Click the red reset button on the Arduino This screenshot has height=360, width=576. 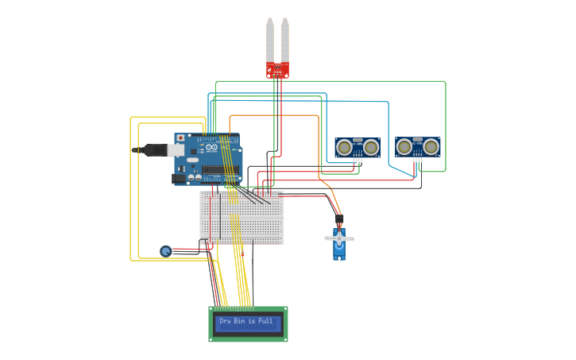click(180, 138)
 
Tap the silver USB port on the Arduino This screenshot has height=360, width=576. click(176, 149)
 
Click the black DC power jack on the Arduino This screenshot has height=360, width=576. click(179, 179)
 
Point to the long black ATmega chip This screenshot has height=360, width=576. click(214, 168)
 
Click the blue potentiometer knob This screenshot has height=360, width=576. click(165, 251)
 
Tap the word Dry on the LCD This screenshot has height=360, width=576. click(225, 321)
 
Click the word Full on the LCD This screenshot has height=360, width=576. click(265, 321)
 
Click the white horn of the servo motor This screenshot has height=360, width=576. click(339, 238)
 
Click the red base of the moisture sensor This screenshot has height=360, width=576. click(277, 70)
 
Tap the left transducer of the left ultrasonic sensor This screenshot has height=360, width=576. click(344, 147)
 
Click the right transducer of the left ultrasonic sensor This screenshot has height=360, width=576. click(370, 147)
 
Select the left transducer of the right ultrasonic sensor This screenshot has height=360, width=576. click(404, 146)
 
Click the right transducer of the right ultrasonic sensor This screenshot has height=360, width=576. click(431, 146)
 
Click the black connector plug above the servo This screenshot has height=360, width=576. click(339, 219)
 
